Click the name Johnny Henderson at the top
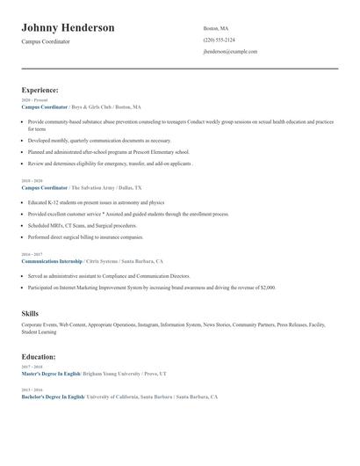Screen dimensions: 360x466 click(68, 28)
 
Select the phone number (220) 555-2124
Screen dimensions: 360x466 click(219, 40)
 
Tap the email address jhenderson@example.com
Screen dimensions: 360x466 click(230, 52)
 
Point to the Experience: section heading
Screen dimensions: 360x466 click(40, 90)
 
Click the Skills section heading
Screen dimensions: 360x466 click(30, 313)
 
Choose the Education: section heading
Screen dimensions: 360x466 click(39, 357)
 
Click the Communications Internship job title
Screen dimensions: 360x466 click(52, 261)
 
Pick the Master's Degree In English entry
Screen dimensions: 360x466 click(50, 374)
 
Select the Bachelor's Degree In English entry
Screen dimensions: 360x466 click(52, 397)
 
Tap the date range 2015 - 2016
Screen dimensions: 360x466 click(32, 390)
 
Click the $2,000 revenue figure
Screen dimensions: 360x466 click(266, 288)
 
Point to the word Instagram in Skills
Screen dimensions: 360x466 click(148, 324)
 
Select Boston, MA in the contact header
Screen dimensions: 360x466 click(216, 28)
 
